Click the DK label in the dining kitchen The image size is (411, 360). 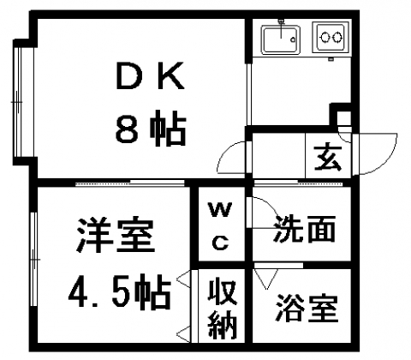[x=150, y=75]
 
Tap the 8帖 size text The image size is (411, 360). [x=151, y=128]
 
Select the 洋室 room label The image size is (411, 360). [x=116, y=236]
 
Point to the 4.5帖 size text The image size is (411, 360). [x=120, y=292]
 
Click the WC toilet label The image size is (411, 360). [x=220, y=225]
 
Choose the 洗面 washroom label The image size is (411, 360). [x=305, y=229]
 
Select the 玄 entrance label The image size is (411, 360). [x=328, y=158]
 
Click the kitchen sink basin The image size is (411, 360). [x=282, y=39]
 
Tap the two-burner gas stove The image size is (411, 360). [x=331, y=37]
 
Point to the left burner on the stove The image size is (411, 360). [x=325, y=38]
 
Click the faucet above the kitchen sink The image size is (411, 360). [x=282, y=28]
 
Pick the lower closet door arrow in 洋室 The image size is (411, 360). [x=183, y=333]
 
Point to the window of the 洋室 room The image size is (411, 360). [x=34, y=259]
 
